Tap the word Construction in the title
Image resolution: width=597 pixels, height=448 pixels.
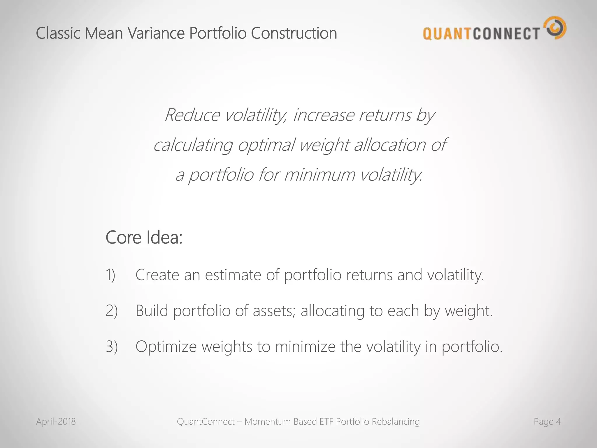[x=294, y=33]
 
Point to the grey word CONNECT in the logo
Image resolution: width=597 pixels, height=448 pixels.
[x=506, y=34]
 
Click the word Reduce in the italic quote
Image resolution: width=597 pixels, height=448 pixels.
[x=192, y=115]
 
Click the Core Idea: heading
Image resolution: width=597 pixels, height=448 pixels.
[x=144, y=237]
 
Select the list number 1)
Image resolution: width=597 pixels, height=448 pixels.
[x=110, y=275]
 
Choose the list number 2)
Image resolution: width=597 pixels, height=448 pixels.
[x=111, y=311]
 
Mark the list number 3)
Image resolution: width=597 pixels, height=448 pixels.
[x=111, y=347]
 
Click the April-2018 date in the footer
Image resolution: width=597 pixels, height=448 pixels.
[x=56, y=421]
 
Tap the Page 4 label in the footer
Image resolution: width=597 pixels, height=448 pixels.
[x=547, y=421]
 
